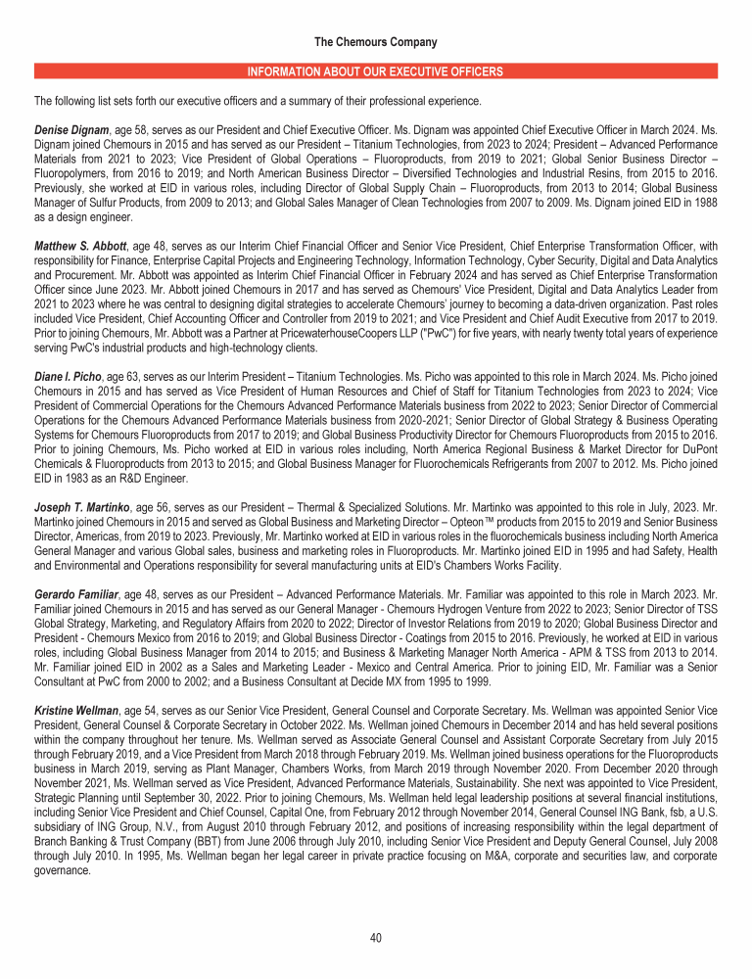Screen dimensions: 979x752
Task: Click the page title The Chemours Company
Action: [376, 42]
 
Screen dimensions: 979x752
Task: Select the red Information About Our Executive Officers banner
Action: [376, 71]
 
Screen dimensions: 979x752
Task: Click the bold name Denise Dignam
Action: [70, 128]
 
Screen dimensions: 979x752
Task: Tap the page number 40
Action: [376, 938]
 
